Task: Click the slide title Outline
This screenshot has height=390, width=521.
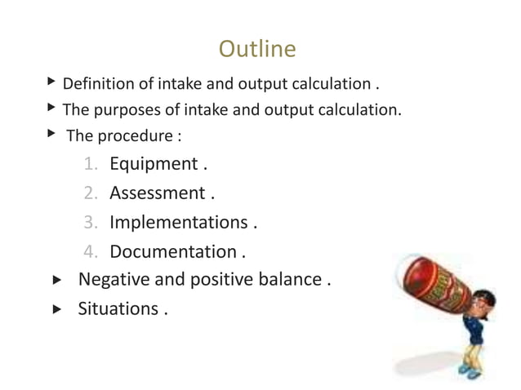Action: click(x=257, y=50)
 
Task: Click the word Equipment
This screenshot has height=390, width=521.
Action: click(x=153, y=164)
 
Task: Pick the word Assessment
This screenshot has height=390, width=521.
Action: click(x=157, y=193)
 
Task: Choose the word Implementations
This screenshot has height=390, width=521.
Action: click(x=178, y=223)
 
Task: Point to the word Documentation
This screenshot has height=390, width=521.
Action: click(x=172, y=252)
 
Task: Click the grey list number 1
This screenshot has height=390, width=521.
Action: click(x=91, y=165)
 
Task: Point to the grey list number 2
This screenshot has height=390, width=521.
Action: click(x=91, y=194)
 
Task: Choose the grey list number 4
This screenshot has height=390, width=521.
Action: click(x=91, y=252)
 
